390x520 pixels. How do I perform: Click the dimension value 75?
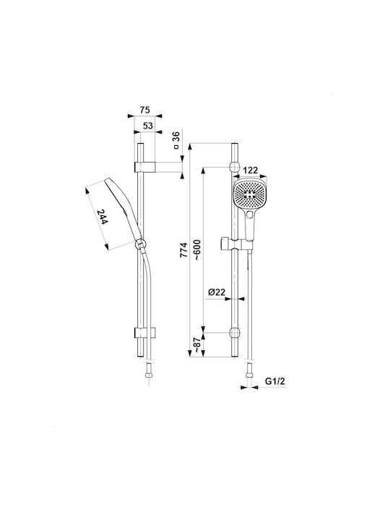[145, 110]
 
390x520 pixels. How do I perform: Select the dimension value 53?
[148, 126]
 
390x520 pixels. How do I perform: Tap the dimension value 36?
[176, 136]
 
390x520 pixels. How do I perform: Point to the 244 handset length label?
[103, 217]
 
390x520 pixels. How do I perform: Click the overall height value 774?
[183, 250]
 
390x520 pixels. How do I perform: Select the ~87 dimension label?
[197, 345]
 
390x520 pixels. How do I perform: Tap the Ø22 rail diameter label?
[217, 292]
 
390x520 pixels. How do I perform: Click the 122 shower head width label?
[251, 170]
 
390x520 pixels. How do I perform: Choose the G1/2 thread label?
[275, 381]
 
